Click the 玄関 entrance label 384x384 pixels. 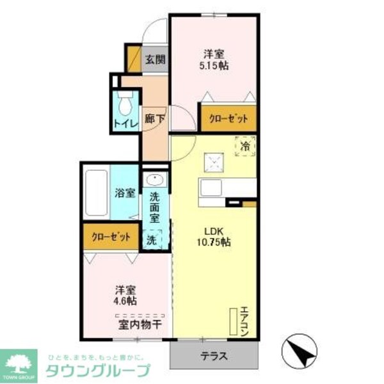(x=154, y=61)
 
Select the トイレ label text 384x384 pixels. (x=125, y=124)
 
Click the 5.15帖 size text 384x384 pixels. (x=215, y=65)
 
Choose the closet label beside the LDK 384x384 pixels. (x=228, y=119)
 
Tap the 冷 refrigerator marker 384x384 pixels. (x=246, y=147)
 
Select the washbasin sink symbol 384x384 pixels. (x=154, y=180)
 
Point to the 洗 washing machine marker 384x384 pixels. (x=152, y=241)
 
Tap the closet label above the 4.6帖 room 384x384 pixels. (x=110, y=236)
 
